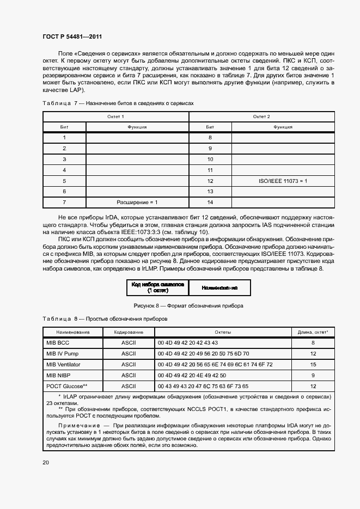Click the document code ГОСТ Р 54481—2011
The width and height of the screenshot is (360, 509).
coord(72,36)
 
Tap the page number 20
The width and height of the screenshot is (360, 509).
coord(46,462)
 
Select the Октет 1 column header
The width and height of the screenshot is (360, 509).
coord(115,117)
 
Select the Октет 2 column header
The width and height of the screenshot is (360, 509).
coord(261,117)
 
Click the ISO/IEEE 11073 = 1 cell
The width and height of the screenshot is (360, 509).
coord(283,181)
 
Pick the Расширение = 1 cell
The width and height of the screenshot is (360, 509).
coord(137,203)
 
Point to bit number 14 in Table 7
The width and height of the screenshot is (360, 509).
coord(210,203)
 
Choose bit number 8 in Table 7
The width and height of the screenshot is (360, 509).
coord(210,138)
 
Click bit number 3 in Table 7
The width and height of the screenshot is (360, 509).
coord(64,159)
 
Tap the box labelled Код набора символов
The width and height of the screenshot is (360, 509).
coord(158,287)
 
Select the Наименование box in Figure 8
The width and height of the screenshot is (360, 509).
coord(219,287)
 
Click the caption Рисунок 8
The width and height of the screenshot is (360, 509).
coord(185,305)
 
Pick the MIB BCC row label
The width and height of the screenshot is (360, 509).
coord(58,343)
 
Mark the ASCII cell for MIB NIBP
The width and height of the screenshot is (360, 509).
coord(129,375)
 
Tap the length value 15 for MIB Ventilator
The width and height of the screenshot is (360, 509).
coord(313,364)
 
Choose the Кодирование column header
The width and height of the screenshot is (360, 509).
coord(129,332)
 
